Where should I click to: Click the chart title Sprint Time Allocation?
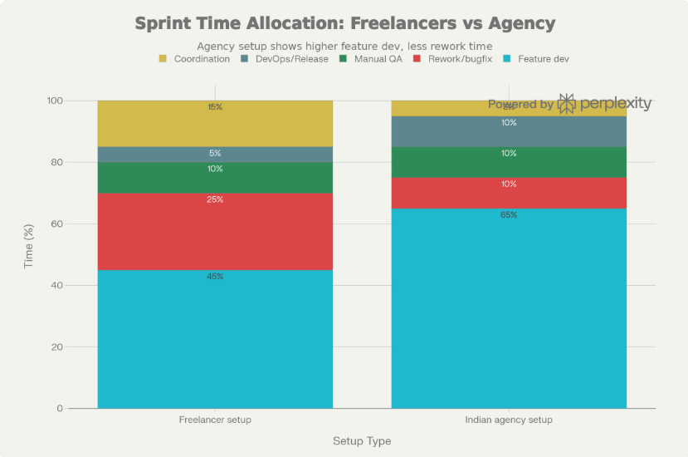pyautogui.click(x=344, y=22)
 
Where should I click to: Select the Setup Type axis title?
pyautogui.click(x=362, y=441)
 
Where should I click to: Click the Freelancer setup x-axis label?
pyautogui.click(x=215, y=420)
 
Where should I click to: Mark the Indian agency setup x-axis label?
pyautogui.click(x=509, y=420)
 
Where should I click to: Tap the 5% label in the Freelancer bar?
pyautogui.click(x=215, y=154)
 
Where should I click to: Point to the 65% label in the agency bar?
pyautogui.click(x=509, y=215)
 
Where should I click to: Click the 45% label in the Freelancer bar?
pyautogui.click(x=215, y=277)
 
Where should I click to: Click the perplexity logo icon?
pyautogui.click(x=567, y=104)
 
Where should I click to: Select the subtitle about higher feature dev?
pyautogui.click(x=344, y=46)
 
